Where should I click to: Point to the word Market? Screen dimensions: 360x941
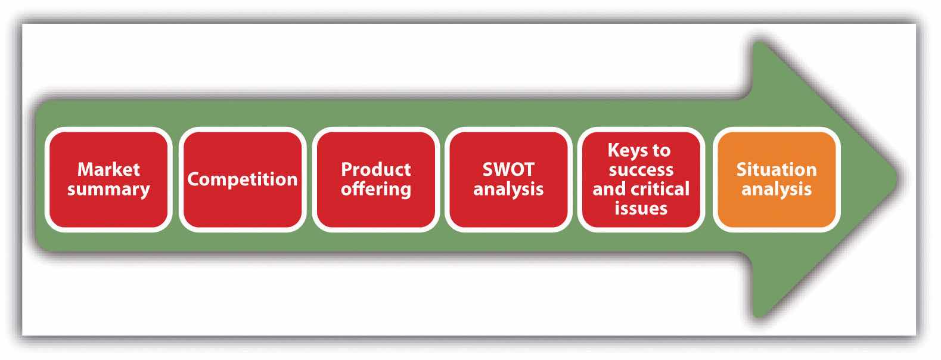(x=108, y=169)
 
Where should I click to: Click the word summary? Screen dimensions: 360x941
(x=108, y=190)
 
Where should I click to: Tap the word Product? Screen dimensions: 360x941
(x=375, y=169)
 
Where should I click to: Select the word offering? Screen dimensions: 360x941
(x=375, y=190)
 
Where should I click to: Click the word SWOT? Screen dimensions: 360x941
(x=508, y=169)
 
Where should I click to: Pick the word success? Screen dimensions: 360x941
(x=641, y=170)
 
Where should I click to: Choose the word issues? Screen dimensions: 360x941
(x=641, y=208)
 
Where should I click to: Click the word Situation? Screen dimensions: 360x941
(x=776, y=169)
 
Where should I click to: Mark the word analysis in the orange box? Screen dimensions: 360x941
(x=776, y=190)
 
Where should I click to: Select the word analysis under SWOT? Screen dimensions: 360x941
(x=508, y=190)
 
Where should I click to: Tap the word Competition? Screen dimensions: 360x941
(x=242, y=179)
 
